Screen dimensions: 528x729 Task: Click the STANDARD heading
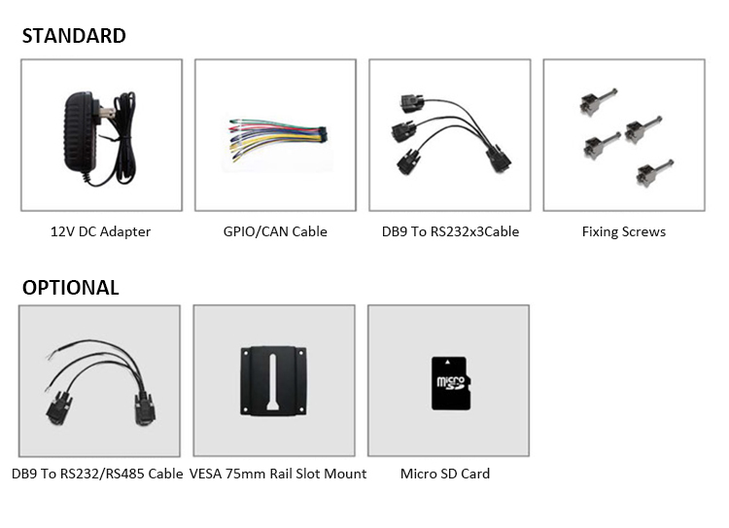(74, 37)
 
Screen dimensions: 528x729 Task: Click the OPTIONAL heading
(71, 288)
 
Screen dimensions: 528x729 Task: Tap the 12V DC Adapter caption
(101, 231)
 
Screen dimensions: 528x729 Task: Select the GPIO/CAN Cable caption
(275, 231)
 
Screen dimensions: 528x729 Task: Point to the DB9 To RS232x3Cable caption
(450, 231)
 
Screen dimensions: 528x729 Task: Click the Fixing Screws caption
(624, 231)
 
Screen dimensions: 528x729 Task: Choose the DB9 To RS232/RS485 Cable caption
(97, 474)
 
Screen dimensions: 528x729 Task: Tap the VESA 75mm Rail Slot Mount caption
(278, 474)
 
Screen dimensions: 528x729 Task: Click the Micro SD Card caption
(445, 474)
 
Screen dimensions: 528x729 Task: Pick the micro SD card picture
(449, 381)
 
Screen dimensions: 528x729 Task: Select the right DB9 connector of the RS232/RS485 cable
(144, 407)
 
